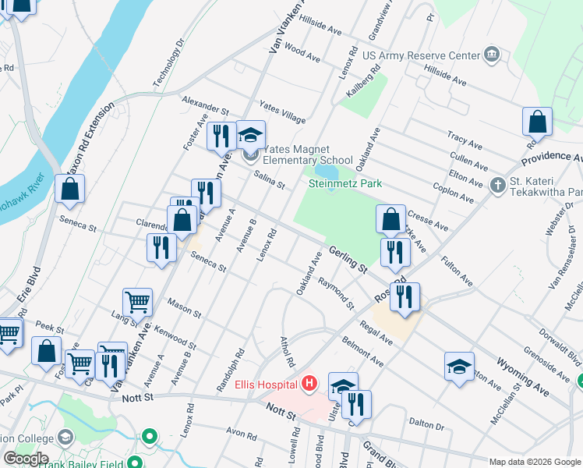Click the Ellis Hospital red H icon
point(310,384)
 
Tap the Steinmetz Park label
point(345,184)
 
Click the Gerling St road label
point(348,257)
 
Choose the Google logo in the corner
point(25,459)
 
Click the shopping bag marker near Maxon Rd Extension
point(69,189)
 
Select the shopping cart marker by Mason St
point(138,301)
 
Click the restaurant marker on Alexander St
point(221,136)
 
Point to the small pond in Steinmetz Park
point(326,171)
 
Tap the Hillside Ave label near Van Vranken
point(322,29)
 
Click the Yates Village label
point(282,112)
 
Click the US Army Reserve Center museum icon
point(491,54)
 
